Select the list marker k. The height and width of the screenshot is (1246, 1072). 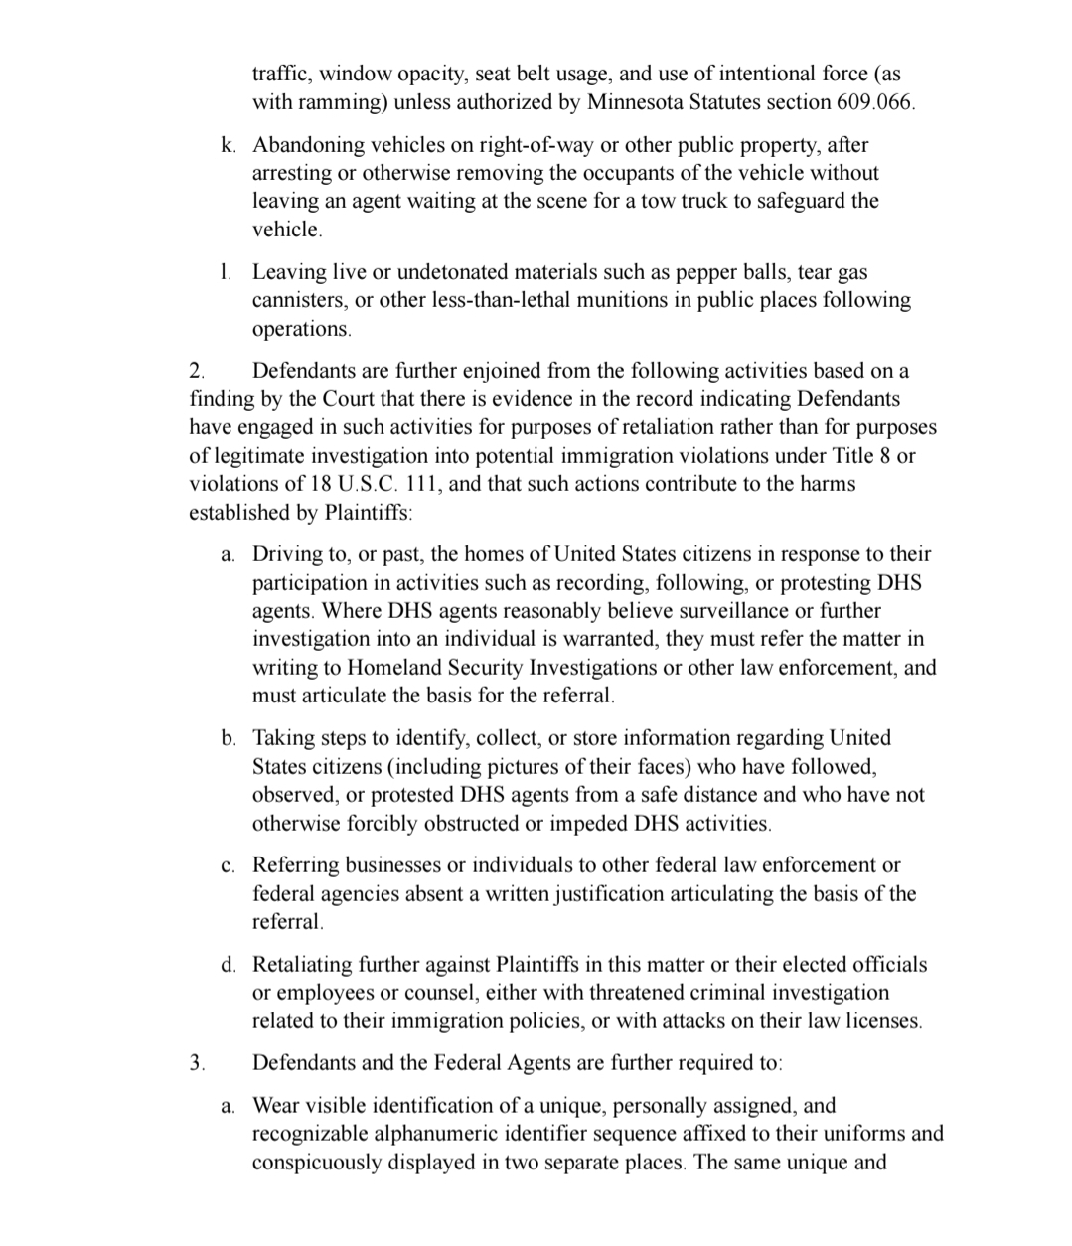click(229, 145)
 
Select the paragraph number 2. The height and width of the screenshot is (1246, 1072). click(197, 372)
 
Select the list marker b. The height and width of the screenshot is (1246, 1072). click(229, 738)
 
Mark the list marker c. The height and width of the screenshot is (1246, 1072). click(229, 865)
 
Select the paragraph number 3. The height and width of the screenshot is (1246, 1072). click(197, 1063)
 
